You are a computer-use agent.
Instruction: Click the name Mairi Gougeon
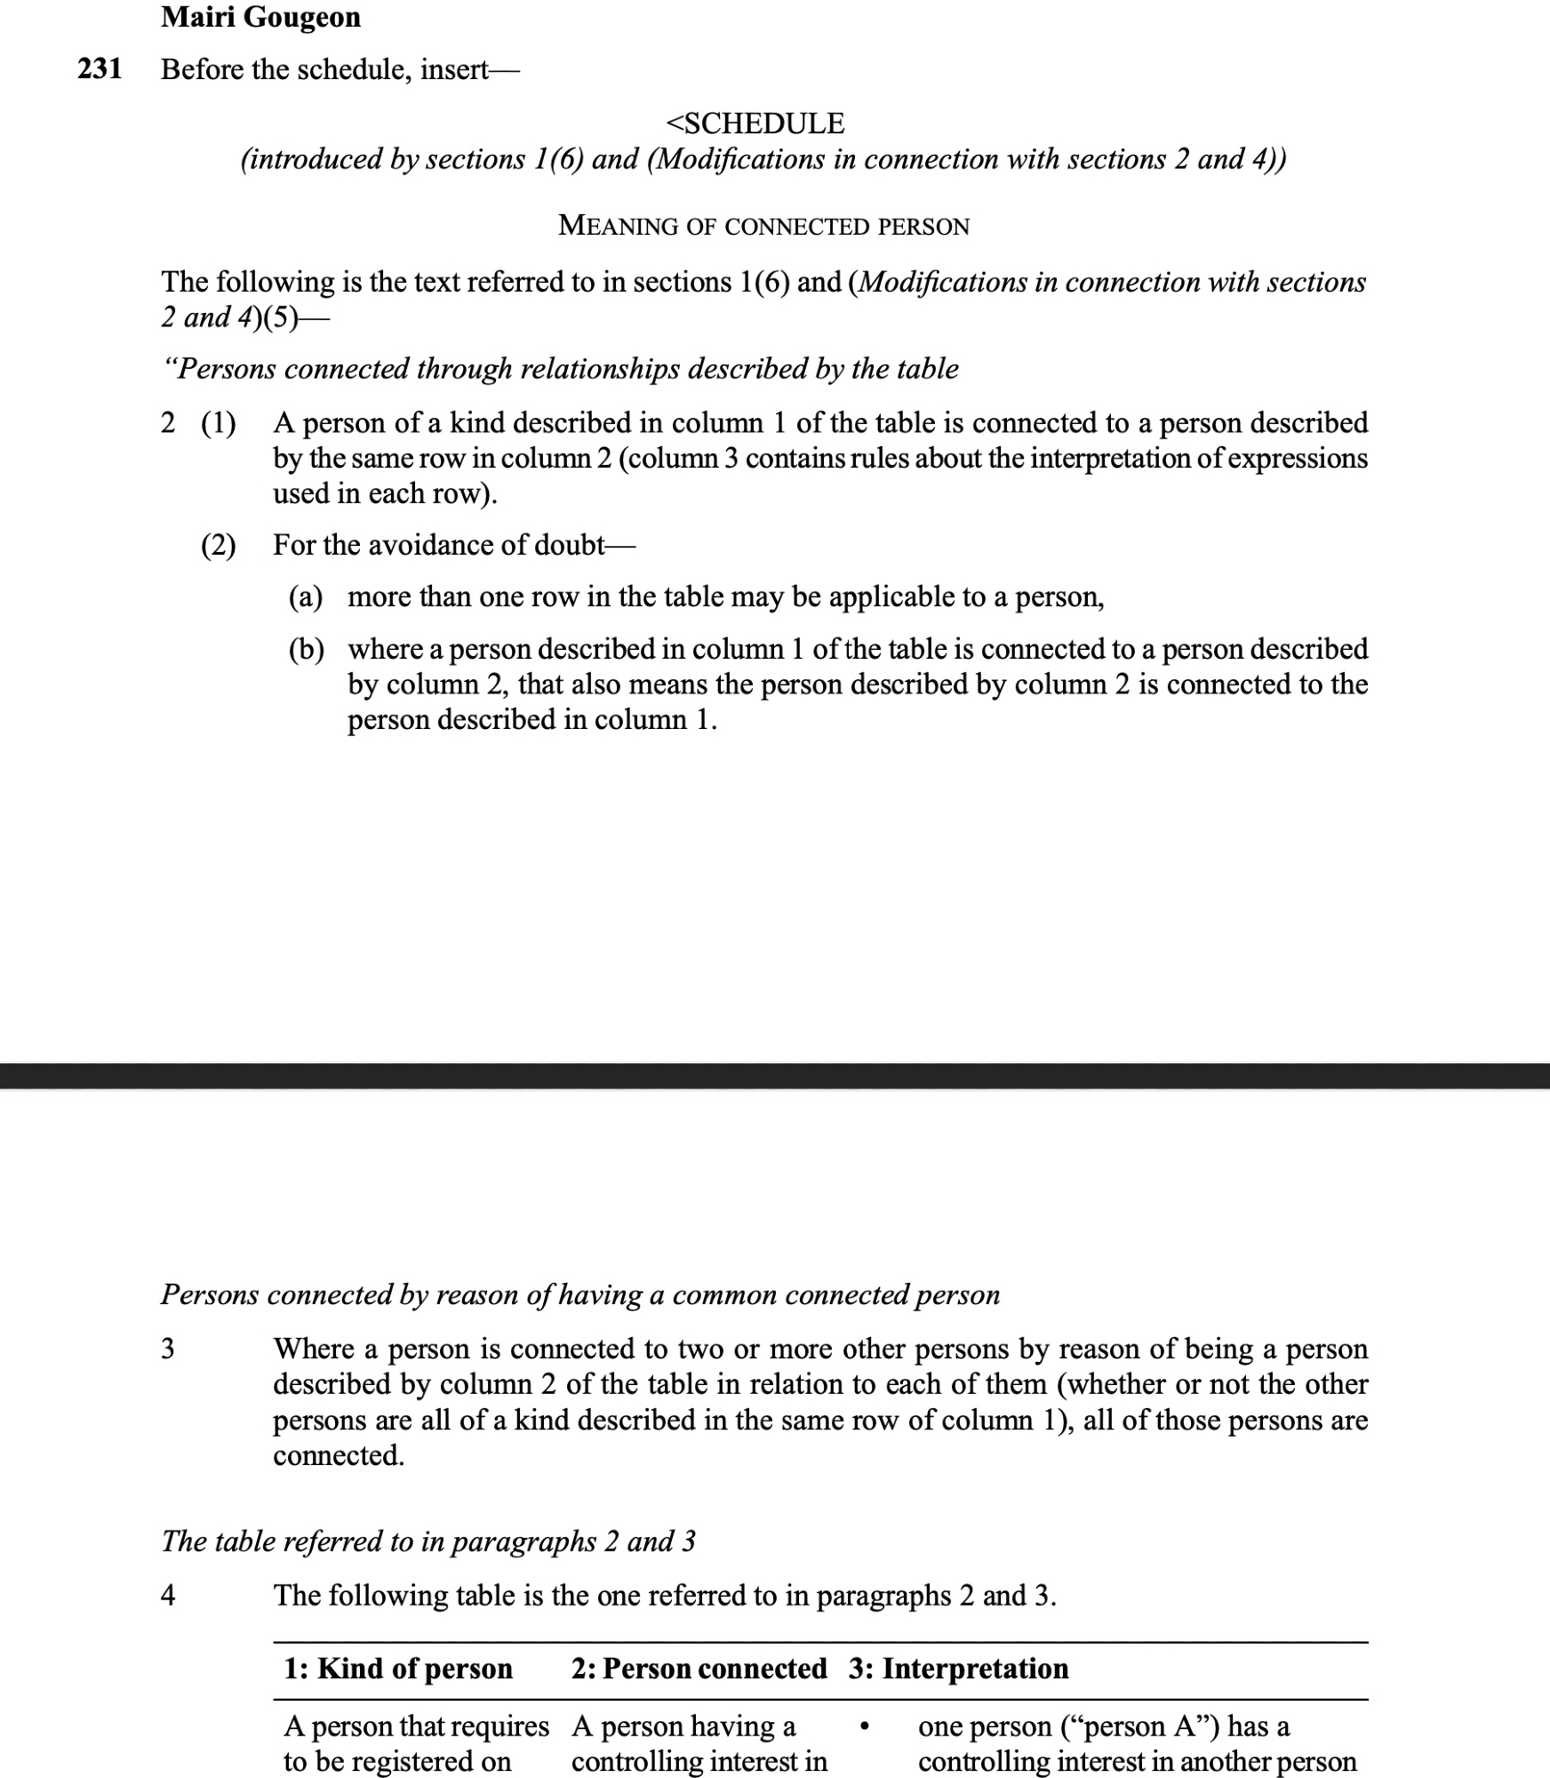pos(260,18)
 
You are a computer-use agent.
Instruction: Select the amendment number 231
pos(100,69)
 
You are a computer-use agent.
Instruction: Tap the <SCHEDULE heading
pos(755,123)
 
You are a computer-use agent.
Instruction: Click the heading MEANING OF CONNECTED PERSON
pos(763,226)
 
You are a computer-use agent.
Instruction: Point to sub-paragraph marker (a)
pos(306,597)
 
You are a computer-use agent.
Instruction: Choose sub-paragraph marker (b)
pos(307,649)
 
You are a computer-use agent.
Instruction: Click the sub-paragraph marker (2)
pos(219,545)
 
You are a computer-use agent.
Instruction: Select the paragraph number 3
pos(168,1349)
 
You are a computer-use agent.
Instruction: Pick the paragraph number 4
pos(168,1596)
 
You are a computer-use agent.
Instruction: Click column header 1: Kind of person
pos(398,1669)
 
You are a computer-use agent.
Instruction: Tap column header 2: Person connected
pos(699,1669)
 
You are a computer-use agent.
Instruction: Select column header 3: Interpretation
pos(958,1669)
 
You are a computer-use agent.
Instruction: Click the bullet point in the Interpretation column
pos(864,1727)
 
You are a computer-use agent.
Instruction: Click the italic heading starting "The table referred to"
pos(427,1541)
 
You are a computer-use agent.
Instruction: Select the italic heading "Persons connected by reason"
pos(579,1294)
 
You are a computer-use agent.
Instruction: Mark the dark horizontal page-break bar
pos(775,1076)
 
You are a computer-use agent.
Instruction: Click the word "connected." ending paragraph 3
pos(339,1455)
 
